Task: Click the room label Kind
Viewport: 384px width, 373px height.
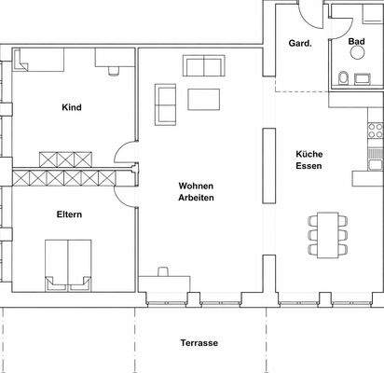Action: pos(71,107)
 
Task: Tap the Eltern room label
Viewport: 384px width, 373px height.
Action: pos(69,214)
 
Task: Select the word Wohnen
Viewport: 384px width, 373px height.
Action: pos(197,186)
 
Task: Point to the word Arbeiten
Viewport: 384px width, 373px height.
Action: pos(197,199)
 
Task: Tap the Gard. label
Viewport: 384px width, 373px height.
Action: pos(300,43)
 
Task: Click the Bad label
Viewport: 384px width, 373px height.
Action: pos(356,42)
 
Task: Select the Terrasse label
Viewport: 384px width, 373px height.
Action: pos(199,343)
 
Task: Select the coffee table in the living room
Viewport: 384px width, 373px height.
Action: pos(204,99)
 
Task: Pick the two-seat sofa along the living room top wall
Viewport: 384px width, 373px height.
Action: pos(204,65)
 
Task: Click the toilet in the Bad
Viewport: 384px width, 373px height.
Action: pos(343,77)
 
